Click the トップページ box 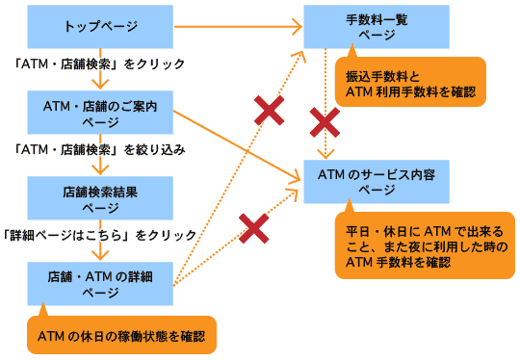coord(100,26)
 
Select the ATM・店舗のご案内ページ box coord(100,112)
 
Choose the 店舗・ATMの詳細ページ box coord(100,283)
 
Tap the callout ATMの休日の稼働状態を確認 coord(121,336)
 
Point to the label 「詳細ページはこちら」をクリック coord(99,235)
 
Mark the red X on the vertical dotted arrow coord(325,122)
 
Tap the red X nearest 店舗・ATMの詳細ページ coord(252,228)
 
